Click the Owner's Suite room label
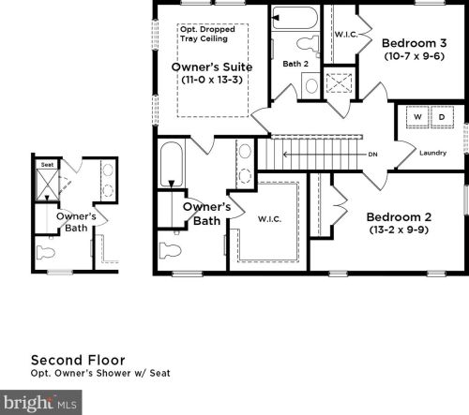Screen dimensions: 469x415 (212, 67)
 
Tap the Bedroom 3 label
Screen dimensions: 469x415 (415, 43)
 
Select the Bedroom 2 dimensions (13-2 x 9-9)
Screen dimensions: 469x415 (399, 230)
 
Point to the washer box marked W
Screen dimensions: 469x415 (417, 117)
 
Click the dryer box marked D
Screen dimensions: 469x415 (442, 117)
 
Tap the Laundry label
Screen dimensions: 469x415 (432, 153)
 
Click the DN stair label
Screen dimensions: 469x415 (372, 155)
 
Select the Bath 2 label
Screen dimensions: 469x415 (295, 64)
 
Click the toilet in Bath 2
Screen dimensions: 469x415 (308, 44)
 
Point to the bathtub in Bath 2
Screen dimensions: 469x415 (295, 18)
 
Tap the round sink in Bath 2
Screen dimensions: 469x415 (311, 85)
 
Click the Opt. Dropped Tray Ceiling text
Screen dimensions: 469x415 (207, 34)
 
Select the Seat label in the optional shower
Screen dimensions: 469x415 (47, 165)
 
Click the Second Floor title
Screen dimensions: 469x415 (78, 361)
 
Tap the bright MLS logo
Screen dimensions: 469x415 (40, 402)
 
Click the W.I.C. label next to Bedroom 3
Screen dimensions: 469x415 (346, 35)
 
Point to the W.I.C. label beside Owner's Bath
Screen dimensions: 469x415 (269, 219)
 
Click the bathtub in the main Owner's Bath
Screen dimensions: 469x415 (172, 165)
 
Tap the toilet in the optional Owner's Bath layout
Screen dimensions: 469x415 (46, 253)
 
